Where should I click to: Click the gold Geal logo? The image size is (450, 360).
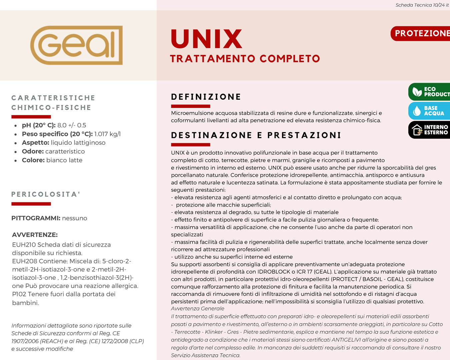76,45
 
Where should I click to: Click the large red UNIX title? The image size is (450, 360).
206,39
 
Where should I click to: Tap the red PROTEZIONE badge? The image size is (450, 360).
421,33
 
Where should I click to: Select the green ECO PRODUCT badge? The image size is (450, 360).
429,92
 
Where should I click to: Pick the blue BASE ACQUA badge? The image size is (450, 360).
429,111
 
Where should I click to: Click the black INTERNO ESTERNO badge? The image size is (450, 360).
429,130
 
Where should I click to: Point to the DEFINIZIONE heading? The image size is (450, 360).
206,97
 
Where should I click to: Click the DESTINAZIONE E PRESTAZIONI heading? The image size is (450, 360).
256,135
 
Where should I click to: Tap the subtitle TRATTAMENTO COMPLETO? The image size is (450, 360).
245,59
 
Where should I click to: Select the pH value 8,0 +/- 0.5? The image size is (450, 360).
72,125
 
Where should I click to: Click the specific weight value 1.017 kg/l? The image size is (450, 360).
107,134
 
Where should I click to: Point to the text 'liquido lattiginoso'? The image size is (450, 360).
78,143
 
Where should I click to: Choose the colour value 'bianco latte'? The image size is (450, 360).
64,160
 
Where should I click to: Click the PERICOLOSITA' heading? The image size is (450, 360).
46,194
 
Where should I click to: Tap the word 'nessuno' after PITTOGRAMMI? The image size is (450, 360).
75,218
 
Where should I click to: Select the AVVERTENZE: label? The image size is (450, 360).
35,235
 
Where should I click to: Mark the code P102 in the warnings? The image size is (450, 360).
19,294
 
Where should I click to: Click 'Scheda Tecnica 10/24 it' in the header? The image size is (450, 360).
422,5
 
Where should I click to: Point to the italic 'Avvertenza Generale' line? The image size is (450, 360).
198,309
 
